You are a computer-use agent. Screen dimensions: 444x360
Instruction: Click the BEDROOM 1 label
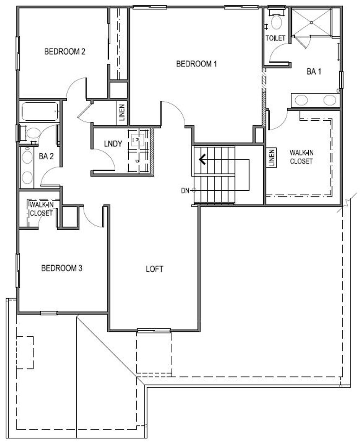[x=196, y=64]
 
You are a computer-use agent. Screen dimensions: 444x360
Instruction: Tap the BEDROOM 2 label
[x=65, y=52]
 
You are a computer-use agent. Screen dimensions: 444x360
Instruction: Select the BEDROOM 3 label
[x=62, y=268]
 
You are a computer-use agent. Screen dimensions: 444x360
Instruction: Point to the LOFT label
[x=154, y=269]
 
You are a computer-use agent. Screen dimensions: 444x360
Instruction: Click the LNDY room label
[x=113, y=144]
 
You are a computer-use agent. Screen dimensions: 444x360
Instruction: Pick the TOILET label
[x=275, y=38]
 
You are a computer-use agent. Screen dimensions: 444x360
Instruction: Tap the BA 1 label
[x=314, y=72]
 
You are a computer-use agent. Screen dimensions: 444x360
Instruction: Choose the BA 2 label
[x=46, y=157]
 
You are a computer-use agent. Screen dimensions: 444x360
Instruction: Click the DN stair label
[x=185, y=191]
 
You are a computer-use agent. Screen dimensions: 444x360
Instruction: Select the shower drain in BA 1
[x=311, y=22]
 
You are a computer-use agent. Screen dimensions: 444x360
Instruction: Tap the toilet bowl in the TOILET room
[x=276, y=23]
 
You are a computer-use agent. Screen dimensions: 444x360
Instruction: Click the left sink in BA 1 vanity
[x=301, y=100]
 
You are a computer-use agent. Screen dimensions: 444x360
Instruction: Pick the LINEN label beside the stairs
[x=271, y=158]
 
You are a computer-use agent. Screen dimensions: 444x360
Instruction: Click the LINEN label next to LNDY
[x=122, y=113]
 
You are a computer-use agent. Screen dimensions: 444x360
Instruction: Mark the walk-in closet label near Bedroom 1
[x=301, y=157]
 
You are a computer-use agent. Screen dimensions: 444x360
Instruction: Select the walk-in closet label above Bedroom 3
[x=41, y=209]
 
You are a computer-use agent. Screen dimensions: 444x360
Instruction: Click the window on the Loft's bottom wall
[x=154, y=330]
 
